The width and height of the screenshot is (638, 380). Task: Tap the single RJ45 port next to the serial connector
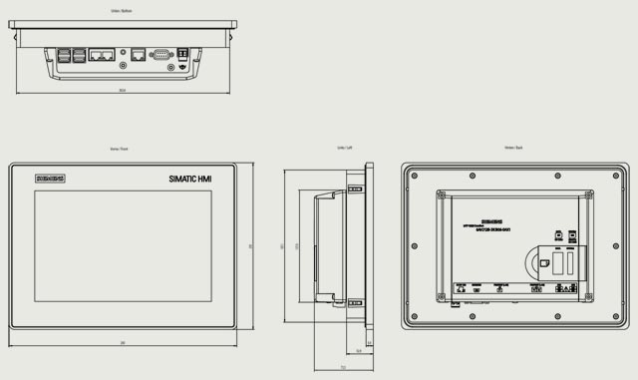tap(139, 55)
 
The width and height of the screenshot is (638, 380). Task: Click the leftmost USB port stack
tap(63, 58)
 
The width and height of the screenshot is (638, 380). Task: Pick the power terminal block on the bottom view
tap(183, 55)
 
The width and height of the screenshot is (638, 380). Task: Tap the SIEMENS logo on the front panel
tap(50, 179)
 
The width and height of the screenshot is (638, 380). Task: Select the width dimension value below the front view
tap(123, 343)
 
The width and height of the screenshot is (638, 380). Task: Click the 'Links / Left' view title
tap(344, 148)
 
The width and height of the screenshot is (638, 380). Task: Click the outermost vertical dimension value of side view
tap(282, 245)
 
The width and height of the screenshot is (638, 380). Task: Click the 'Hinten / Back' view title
tap(513, 148)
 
